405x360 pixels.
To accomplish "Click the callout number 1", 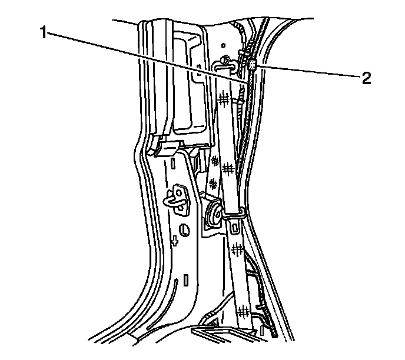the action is click(x=44, y=33).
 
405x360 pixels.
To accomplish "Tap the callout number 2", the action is click(x=366, y=79).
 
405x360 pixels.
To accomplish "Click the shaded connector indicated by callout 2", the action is click(x=253, y=65).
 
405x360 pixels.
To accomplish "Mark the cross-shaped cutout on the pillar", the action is click(x=175, y=241).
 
